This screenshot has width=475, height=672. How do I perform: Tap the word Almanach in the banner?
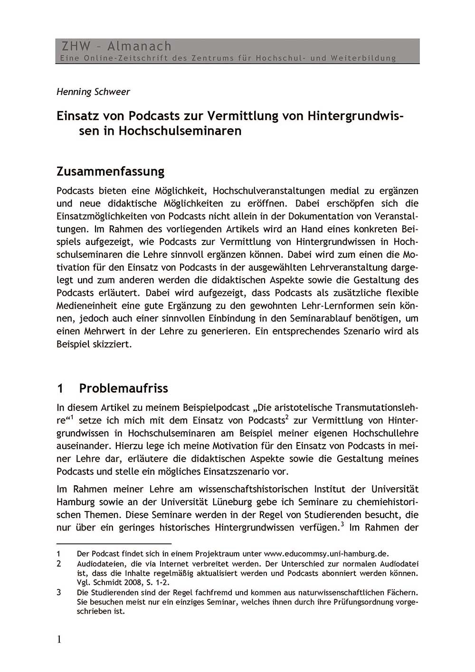click(x=139, y=46)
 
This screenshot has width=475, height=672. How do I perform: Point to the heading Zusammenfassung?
click(x=110, y=171)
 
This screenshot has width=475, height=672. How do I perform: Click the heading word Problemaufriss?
click(x=123, y=388)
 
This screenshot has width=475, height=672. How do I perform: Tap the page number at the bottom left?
click(x=59, y=639)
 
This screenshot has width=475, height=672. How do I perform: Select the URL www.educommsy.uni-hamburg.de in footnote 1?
click(x=326, y=553)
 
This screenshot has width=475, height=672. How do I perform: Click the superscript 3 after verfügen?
click(x=342, y=525)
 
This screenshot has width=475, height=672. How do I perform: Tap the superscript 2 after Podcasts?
click(x=287, y=417)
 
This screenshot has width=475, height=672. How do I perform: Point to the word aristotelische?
click(x=299, y=407)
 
